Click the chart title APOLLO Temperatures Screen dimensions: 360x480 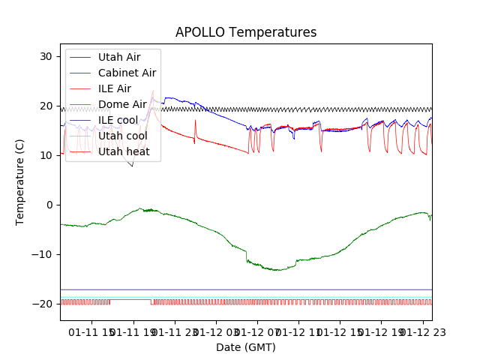pos(246,32)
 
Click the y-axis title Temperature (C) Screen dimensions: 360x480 pos(20,182)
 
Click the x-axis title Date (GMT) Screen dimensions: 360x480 pos(246,347)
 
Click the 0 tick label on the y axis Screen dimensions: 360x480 pos(52,205)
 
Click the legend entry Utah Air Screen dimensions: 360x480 pos(119,57)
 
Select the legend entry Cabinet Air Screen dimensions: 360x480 pos(127,73)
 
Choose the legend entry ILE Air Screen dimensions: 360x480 pos(115,88)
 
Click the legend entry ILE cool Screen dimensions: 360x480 pos(118,120)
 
